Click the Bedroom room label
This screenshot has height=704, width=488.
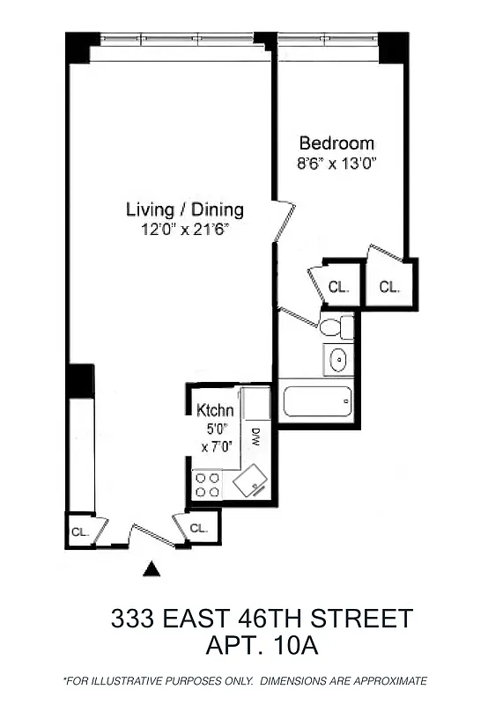pyautogui.click(x=336, y=143)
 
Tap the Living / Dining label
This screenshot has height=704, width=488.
pyautogui.click(x=184, y=210)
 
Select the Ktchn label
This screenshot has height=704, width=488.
pyautogui.click(x=215, y=410)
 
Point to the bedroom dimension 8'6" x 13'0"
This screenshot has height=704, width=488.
pyautogui.click(x=336, y=163)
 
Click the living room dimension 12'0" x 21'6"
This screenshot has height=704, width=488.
pyautogui.click(x=184, y=229)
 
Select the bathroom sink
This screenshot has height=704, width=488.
pyautogui.click(x=337, y=359)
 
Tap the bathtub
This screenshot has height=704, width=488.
pyautogui.click(x=317, y=401)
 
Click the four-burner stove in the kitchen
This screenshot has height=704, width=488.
pyautogui.click(x=208, y=485)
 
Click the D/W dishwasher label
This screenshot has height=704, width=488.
pyautogui.click(x=255, y=436)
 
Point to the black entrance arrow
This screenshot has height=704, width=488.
pyautogui.click(x=152, y=569)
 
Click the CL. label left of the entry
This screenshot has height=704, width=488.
pyautogui.click(x=79, y=532)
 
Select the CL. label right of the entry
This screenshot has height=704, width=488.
pyautogui.click(x=199, y=529)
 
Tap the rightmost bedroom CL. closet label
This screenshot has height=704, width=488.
pyautogui.click(x=389, y=287)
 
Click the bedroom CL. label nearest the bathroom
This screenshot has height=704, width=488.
pyautogui.click(x=339, y=287)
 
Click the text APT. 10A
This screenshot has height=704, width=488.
pyautogui.click(x=261, y=646)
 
